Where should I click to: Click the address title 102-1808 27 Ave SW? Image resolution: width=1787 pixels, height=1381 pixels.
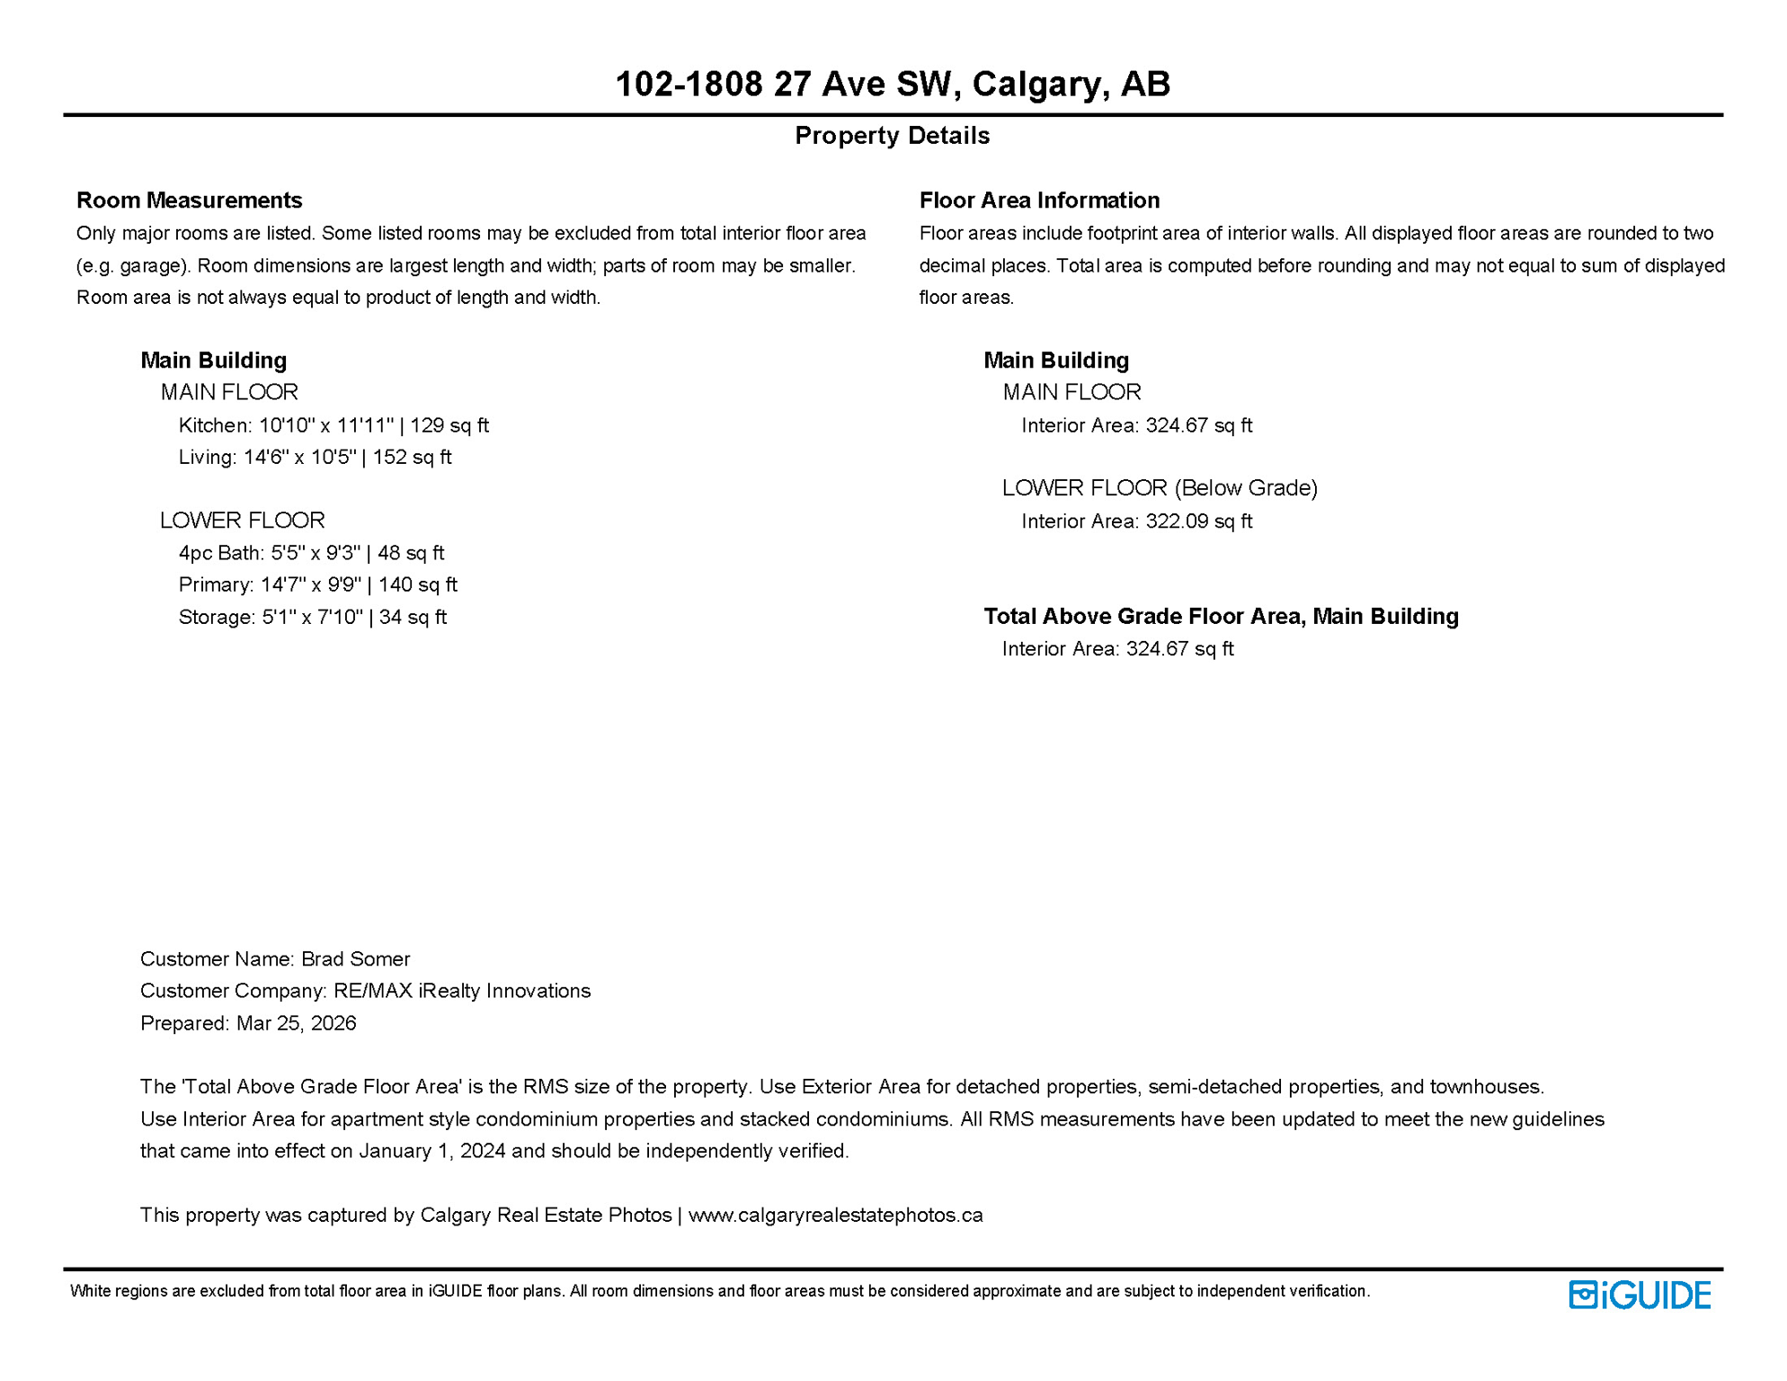(892, 84)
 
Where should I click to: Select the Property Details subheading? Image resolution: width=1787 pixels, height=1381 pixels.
(892, 136)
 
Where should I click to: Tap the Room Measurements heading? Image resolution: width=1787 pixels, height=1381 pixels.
(189, 200)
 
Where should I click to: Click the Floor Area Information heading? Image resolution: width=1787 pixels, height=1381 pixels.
(1039, 200)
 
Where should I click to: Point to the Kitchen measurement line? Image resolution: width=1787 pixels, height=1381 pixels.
(333, 425)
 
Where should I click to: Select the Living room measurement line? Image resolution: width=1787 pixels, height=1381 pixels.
(315, 458)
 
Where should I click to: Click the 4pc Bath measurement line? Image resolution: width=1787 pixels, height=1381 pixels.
(311, 553)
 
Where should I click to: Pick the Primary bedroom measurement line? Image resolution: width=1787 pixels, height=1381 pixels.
(317, 585)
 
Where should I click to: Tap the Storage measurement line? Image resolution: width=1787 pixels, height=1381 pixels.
(312, 618)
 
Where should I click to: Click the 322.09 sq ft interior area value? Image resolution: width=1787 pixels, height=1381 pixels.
(1197, 521)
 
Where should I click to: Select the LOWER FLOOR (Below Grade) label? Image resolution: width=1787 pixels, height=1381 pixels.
(1160, 488)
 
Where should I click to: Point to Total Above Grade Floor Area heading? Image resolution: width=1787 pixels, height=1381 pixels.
(1221, 617)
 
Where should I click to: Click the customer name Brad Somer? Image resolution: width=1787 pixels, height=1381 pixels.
(355, 959)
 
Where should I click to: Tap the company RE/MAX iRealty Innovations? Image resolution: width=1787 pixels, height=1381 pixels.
(462, 991)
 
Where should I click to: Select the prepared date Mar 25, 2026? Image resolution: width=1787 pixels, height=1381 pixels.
(296, 1023)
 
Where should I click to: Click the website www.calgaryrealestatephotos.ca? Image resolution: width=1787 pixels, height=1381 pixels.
(835, 1216)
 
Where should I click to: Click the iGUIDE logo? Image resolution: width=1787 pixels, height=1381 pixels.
(1640, 1296)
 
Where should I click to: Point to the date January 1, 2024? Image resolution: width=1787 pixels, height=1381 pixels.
(431, 1152)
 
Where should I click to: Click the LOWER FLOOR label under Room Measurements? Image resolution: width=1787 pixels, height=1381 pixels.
(242, 521)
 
